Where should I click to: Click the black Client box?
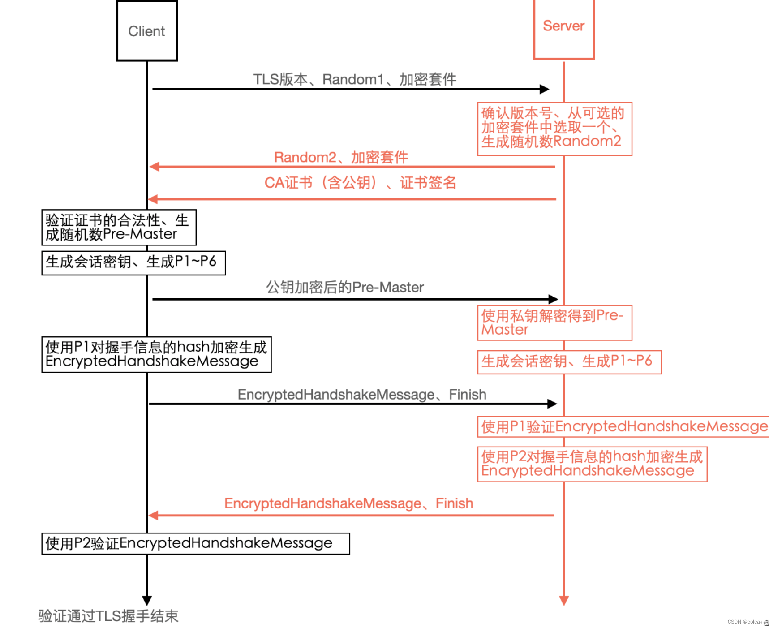coord(147,31)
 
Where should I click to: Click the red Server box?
coord(564,30)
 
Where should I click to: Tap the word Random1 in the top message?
coord(353,80)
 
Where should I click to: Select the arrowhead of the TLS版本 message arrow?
coord(544,89)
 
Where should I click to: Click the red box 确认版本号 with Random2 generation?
coord(554,129)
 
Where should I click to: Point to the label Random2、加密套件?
coord(341,157)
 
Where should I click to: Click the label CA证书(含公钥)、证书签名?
coord(360,183)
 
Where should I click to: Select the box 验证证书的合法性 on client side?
coord(119,228)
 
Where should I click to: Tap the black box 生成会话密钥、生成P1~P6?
coord(133,263)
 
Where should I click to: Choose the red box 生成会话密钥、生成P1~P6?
coord(569,362)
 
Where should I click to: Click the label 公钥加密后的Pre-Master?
coord(344,287)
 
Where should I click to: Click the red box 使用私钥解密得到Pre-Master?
coord(554,323)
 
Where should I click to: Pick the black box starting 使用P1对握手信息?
coord(156,354)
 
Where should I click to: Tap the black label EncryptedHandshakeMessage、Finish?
coord(362,395)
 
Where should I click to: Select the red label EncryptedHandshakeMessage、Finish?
coord(348,503)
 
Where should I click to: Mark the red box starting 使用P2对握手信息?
coord(592,464)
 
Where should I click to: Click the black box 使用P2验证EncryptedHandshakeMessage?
coord(195,543)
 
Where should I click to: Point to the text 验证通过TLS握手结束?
coord(108,616)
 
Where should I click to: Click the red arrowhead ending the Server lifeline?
coord(564,600)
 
